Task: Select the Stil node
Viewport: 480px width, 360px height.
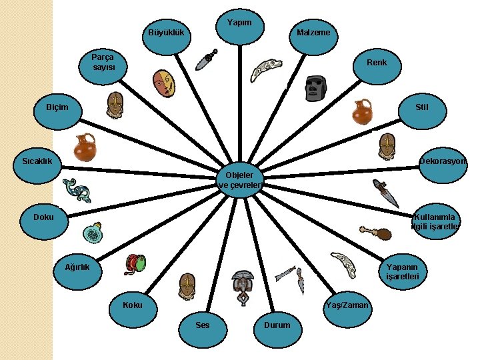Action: pos(421,107)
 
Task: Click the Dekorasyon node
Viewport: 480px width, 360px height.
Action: pos(443,161)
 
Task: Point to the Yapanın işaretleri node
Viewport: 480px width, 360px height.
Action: pos(402,272)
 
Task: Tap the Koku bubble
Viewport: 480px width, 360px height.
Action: pos(133,305)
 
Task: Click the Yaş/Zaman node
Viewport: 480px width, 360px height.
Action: pos(345,305)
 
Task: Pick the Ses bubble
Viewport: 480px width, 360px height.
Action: pos(203,325)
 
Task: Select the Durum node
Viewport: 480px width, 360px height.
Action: pos(277,325)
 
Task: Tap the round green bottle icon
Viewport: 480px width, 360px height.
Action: pos(93,233)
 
